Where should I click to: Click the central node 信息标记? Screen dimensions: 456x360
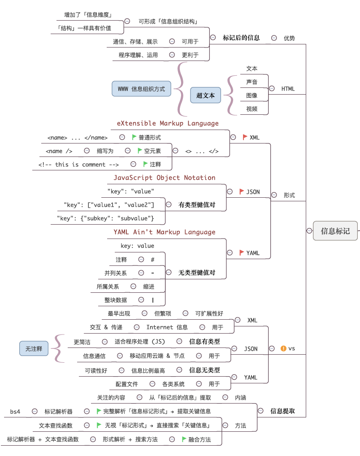point(335,231)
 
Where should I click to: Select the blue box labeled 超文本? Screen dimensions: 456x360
point(206,95)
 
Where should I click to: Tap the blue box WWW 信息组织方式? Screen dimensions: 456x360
point(142,89)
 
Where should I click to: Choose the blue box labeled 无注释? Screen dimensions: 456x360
point(34,348)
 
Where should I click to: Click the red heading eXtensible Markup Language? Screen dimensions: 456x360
point(168,123)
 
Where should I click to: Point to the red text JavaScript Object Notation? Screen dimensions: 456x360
point(164,178)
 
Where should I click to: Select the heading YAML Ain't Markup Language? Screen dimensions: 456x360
point(164,232)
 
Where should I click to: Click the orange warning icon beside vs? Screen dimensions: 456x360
point(283,348)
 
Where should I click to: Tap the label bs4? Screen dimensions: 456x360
point(15,411)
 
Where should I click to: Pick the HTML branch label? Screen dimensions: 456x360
point(288,89)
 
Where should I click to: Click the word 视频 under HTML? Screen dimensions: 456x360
point(252,109)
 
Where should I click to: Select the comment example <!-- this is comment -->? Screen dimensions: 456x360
point(78,165)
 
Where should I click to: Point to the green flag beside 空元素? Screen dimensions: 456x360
point(140,151)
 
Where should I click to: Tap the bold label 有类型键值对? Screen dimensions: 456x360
point(197,204)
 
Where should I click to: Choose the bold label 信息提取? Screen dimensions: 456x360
point(282,411)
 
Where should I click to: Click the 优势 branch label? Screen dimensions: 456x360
point(289,38)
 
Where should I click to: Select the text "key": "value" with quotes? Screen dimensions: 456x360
point(131,191)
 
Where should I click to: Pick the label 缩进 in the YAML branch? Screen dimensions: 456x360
point(149,286)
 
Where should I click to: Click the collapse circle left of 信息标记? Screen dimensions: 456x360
point(309,231)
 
